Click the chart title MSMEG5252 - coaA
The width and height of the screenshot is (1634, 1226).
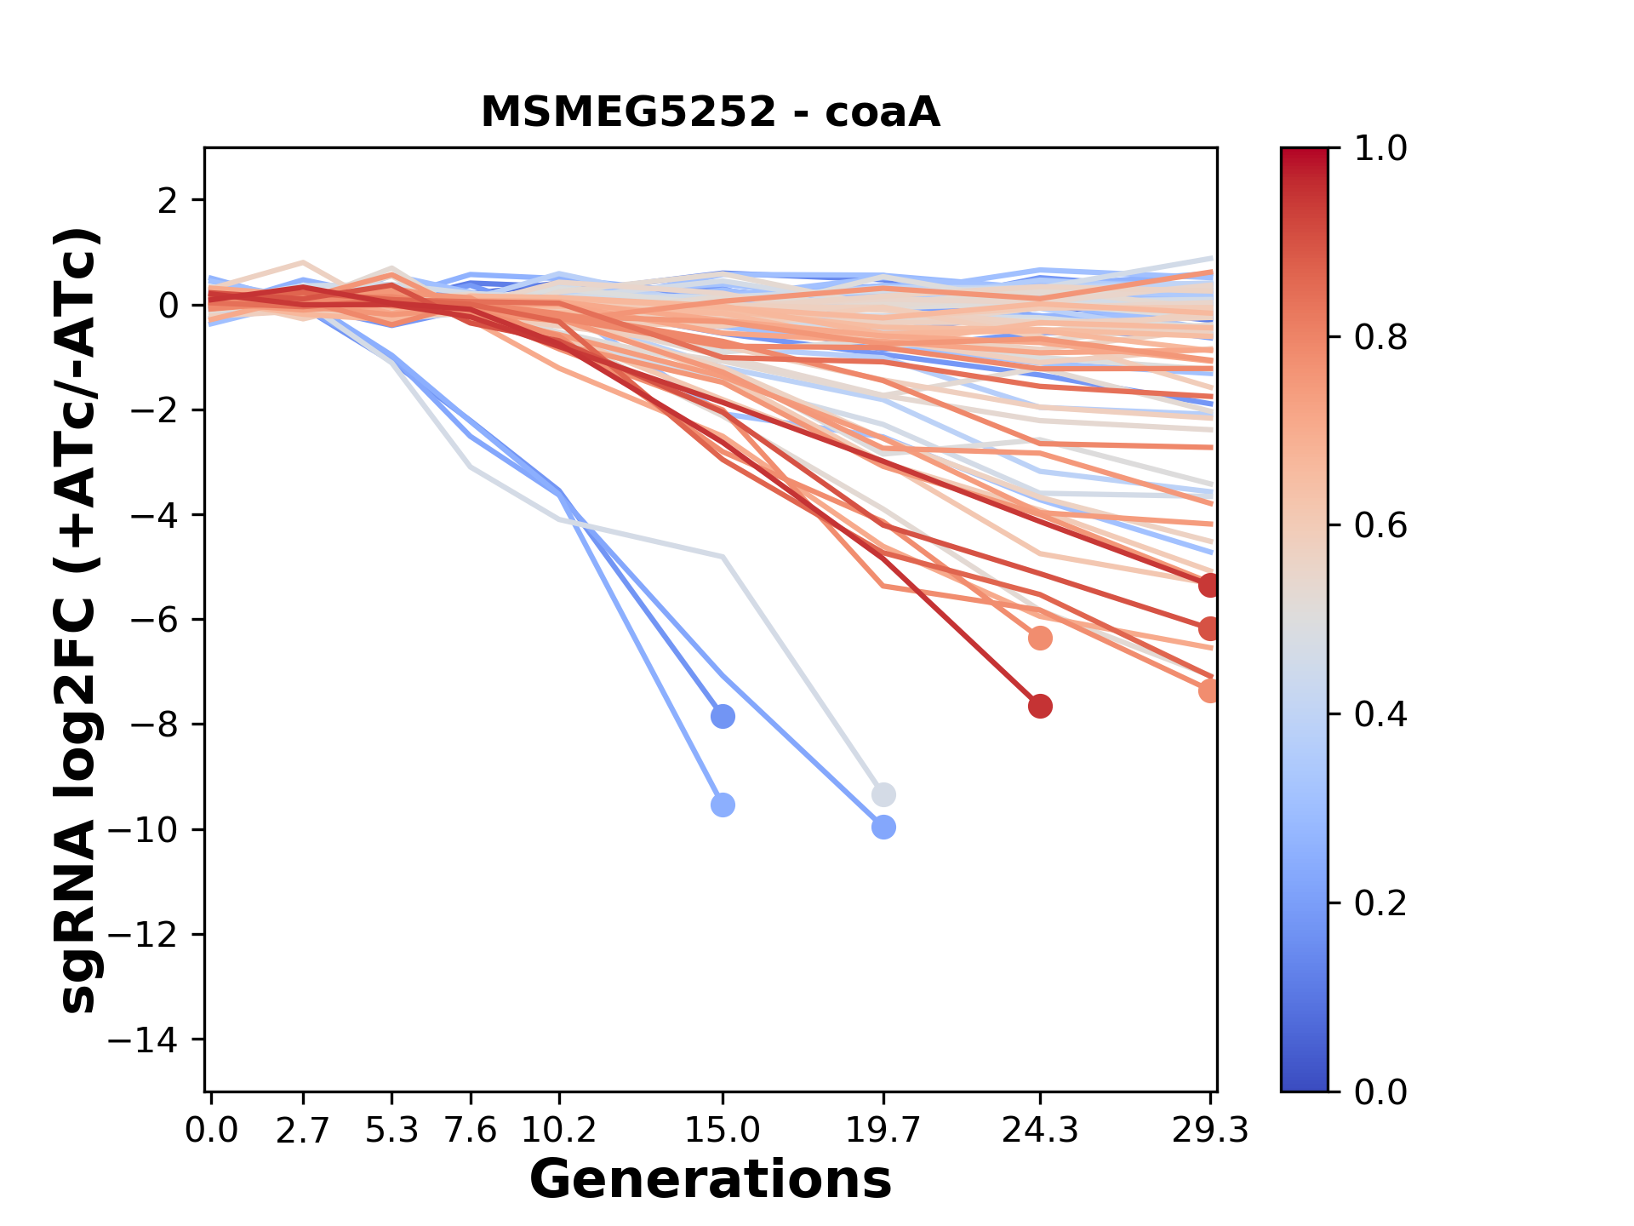point(710,112)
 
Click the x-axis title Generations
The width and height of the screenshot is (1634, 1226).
point(710,1180)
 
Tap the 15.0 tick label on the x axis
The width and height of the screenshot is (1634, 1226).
point(722,1131)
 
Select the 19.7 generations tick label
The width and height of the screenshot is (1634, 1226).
point(883,1131)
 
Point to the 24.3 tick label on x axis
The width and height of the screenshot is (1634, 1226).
point(1039,1131)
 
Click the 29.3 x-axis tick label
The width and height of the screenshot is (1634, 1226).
point(1209,1131)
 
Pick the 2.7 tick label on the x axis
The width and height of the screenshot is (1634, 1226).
point(302,1131)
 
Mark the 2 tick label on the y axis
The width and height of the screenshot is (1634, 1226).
point(168,201)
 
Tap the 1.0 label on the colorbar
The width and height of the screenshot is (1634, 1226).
point(1380,149)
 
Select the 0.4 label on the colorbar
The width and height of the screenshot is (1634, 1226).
point(1380,714)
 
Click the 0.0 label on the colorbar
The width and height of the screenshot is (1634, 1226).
point(1380,1091)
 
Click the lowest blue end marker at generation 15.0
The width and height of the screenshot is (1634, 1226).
point(723,805)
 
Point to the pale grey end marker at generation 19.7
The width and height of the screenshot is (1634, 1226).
point(883,795)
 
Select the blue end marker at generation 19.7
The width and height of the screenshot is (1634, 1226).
point(883,827)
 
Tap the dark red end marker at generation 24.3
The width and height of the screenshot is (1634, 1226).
point(1040,706)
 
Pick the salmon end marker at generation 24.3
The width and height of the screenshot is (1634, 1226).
point(1040,638)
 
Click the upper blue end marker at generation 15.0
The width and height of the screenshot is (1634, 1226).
point(723,716)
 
